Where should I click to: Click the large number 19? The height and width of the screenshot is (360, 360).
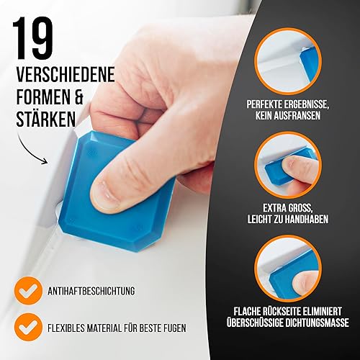pyautogui.click(x=33, y=37)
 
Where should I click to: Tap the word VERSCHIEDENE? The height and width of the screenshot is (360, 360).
pyautogui.click(x=66, y=75)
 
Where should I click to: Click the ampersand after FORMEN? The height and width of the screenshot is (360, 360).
pyautogui.click(x=77, y=96)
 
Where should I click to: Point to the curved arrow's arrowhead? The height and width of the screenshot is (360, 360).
pyautogui.click(x=45, y=161)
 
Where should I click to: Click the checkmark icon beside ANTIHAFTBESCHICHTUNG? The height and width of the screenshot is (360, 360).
pyautogui.click(x=28, y=291)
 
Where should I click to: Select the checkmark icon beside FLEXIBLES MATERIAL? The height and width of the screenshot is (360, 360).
pyautogui.click(x=28, y=328)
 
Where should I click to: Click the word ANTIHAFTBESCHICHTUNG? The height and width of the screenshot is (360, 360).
pyautogui.click(x=91, y=291)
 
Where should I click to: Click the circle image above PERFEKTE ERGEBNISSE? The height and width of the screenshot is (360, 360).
pyautogui.click(x=288, y=61)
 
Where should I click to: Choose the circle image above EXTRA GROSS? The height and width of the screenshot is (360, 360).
pyautogui.click(x=288, y=165)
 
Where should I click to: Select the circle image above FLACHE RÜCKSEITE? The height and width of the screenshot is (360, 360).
pyautogui.click(x=288, y=269)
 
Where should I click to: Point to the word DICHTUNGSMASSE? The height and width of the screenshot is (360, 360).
pyautogui.click(x=317, y=323)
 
